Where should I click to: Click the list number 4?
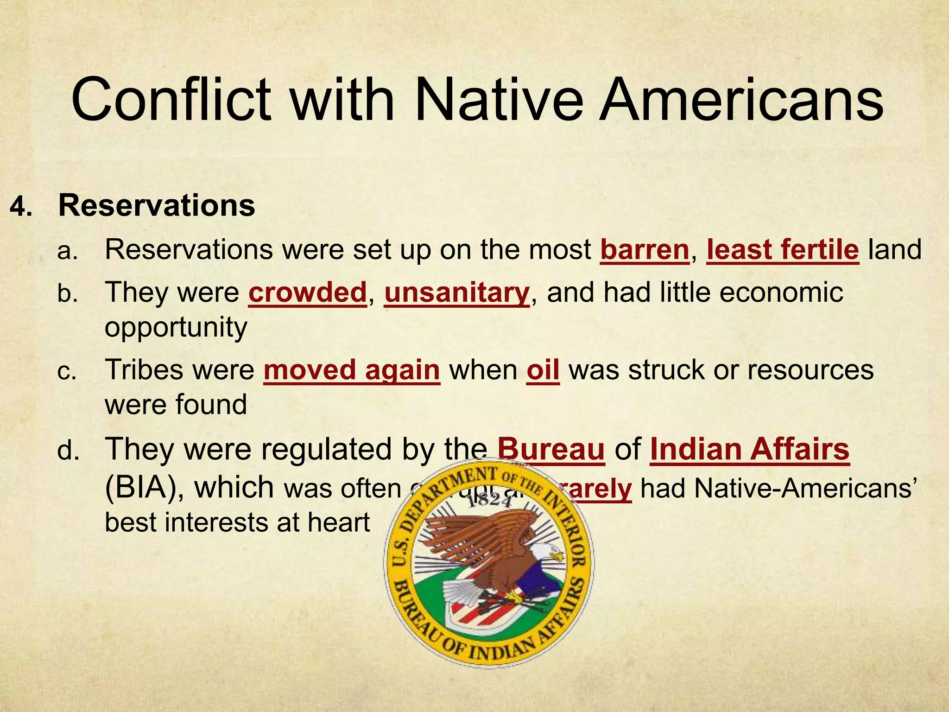pyautogui.click(x=21, y=207)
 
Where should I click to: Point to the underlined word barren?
pyautogui.click(x=645, y=250)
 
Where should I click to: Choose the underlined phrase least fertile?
pyautogui.click(x=783, y=250)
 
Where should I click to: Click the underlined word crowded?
pyautogui.click(x=308, y=292)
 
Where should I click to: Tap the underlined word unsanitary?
pyautogui.click(x=456, y=292)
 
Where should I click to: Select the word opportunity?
pyautogui.click(x=176, y=328)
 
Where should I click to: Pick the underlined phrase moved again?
pyautogui.click(x=351, y=370)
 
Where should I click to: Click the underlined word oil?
pyautogui.click(x=543, y=370)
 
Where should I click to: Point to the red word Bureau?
pyautogui.click(x=551, y=449)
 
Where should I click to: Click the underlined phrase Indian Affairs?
pyautogui.click(x=749, y=449)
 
